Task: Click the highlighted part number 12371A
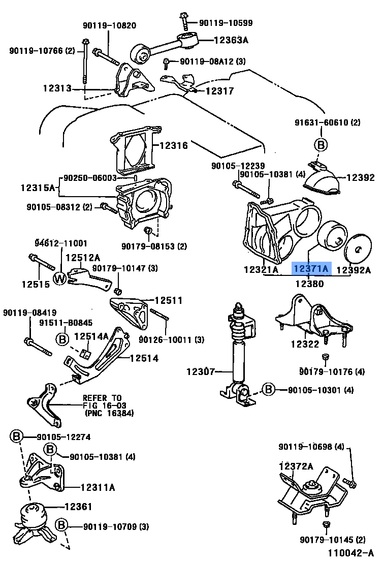[311, 269]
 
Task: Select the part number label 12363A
[231, 39]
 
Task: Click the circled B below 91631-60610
[321, 145]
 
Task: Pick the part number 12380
[308, 284]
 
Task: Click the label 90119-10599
[226, 23]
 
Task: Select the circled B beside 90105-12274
[16, 436]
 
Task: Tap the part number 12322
[305, 344]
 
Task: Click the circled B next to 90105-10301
[268, 390]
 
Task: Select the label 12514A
[91, 336]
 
